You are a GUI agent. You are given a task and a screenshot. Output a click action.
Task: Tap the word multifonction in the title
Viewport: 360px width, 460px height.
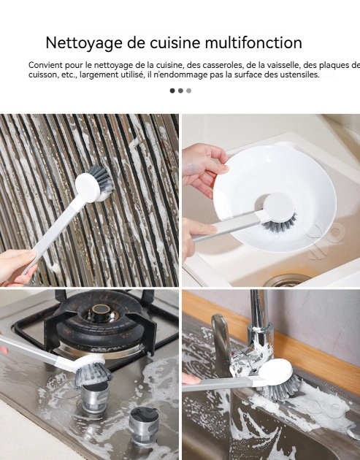tap(253, 42)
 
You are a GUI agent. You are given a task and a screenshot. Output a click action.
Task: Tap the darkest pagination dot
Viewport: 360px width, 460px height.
tap(172, 91)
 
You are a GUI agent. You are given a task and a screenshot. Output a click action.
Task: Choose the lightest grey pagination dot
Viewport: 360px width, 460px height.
tap(188, 91)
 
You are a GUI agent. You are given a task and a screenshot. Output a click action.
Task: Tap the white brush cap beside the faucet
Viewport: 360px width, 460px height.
tap(276, 370)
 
